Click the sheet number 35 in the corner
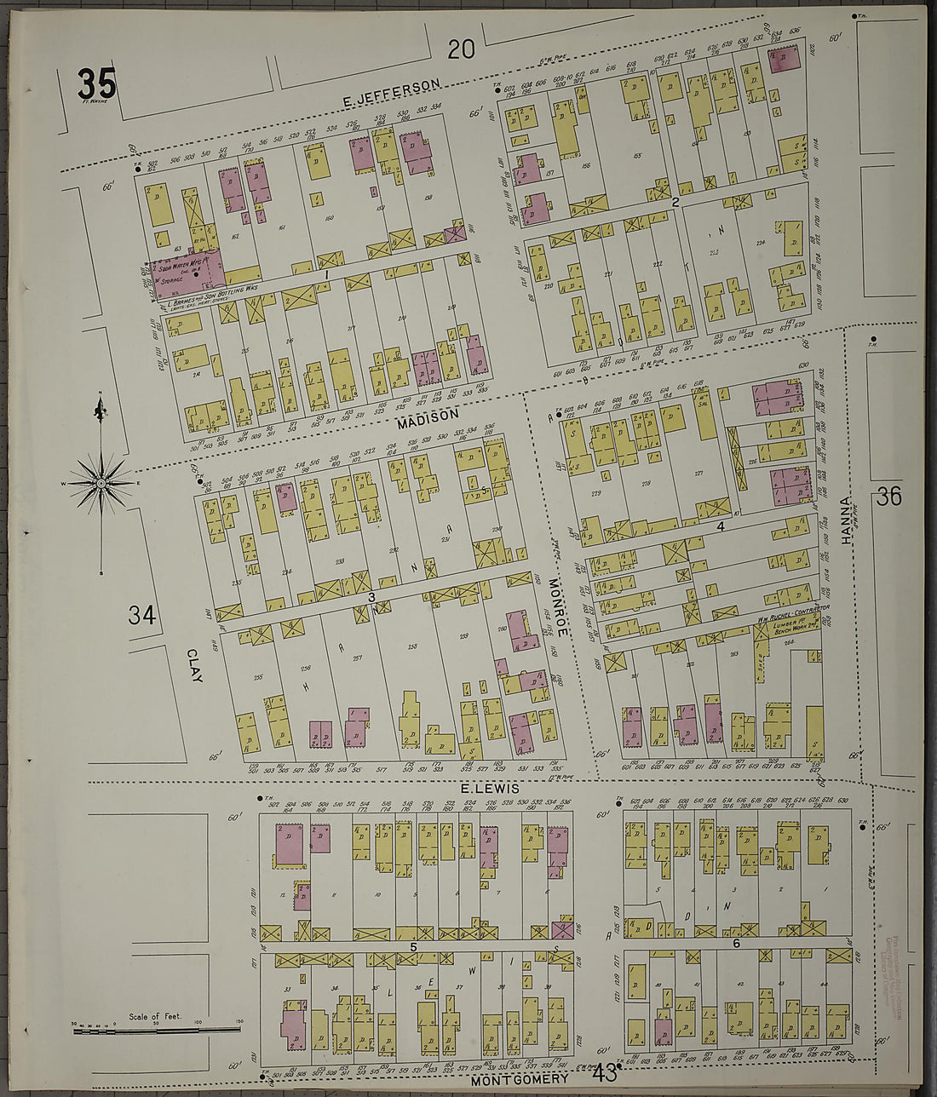[95, 84]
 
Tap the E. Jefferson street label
[391, 94]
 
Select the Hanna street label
[845, 519]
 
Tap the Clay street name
[195, 664]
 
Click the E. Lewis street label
[490, 789]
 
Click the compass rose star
[101, 484]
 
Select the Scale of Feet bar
[158, 1030]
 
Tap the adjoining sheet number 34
[142, 614]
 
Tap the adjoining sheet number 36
[888, 497]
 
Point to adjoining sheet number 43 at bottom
[606, 1073]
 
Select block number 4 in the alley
[721, 526]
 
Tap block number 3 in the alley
[372, 597]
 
